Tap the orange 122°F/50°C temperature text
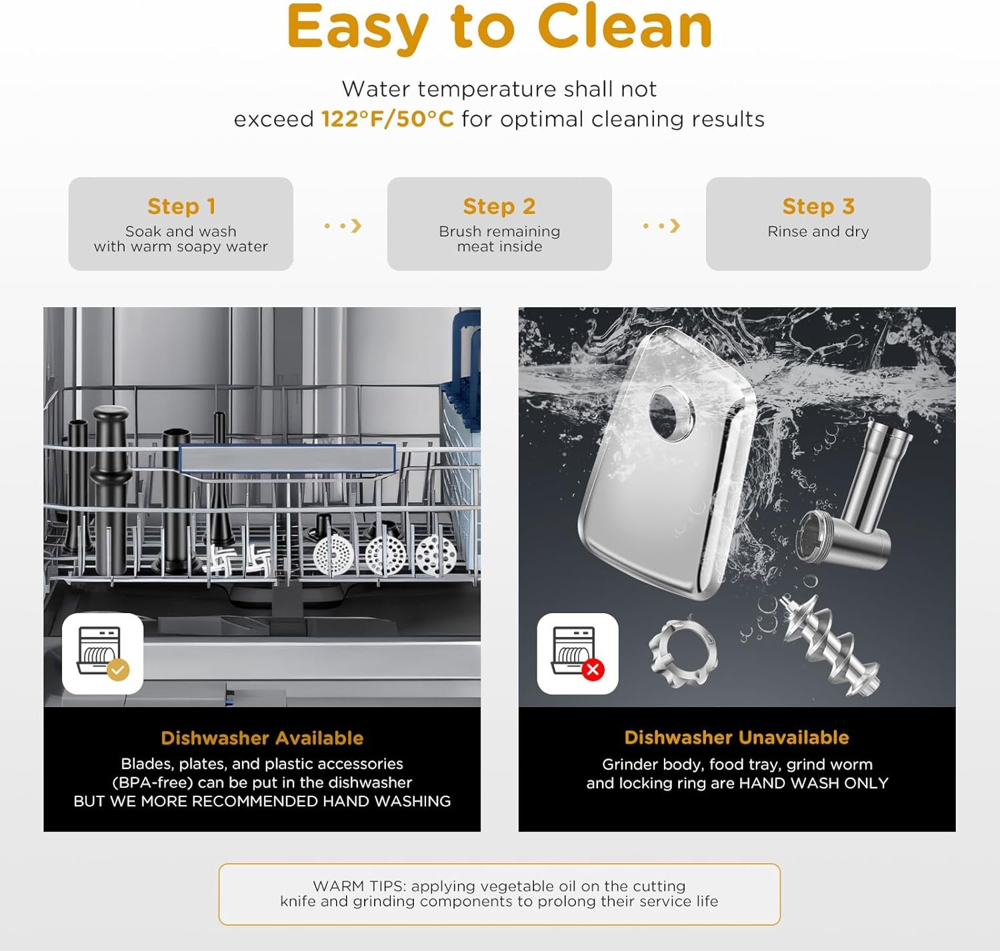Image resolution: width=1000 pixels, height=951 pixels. click(x=387, y=119)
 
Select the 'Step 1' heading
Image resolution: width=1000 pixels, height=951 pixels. click(x=181, y=207)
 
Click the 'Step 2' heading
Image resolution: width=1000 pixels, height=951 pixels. click(x=499, y=207)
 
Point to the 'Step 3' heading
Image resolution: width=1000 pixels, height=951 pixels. click(x=818, y=207)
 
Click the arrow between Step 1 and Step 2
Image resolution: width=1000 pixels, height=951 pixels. click(x=343, y=225)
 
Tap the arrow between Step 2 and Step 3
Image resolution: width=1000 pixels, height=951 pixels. click(x=662, y=225)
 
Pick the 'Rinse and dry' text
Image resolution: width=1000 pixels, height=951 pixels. click(x=818, y=231)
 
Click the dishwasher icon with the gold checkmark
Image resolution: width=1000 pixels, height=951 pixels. click(x=103, y=654)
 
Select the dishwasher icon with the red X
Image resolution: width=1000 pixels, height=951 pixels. click(x=578, y=654)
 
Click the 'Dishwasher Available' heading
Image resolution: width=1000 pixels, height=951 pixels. click(x=262, y=738)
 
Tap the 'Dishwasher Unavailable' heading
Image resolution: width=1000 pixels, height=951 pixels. click(x=737, y=737)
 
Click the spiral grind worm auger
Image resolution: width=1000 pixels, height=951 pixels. click(x=829, y=646)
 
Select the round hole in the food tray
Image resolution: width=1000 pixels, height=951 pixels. click(x=672, y=413)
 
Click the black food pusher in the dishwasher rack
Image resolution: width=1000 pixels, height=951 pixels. click(x=111, y=488)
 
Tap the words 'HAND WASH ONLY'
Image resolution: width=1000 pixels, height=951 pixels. click(x=813, y=782)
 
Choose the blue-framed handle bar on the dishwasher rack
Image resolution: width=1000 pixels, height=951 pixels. click(x=288, y=458)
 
